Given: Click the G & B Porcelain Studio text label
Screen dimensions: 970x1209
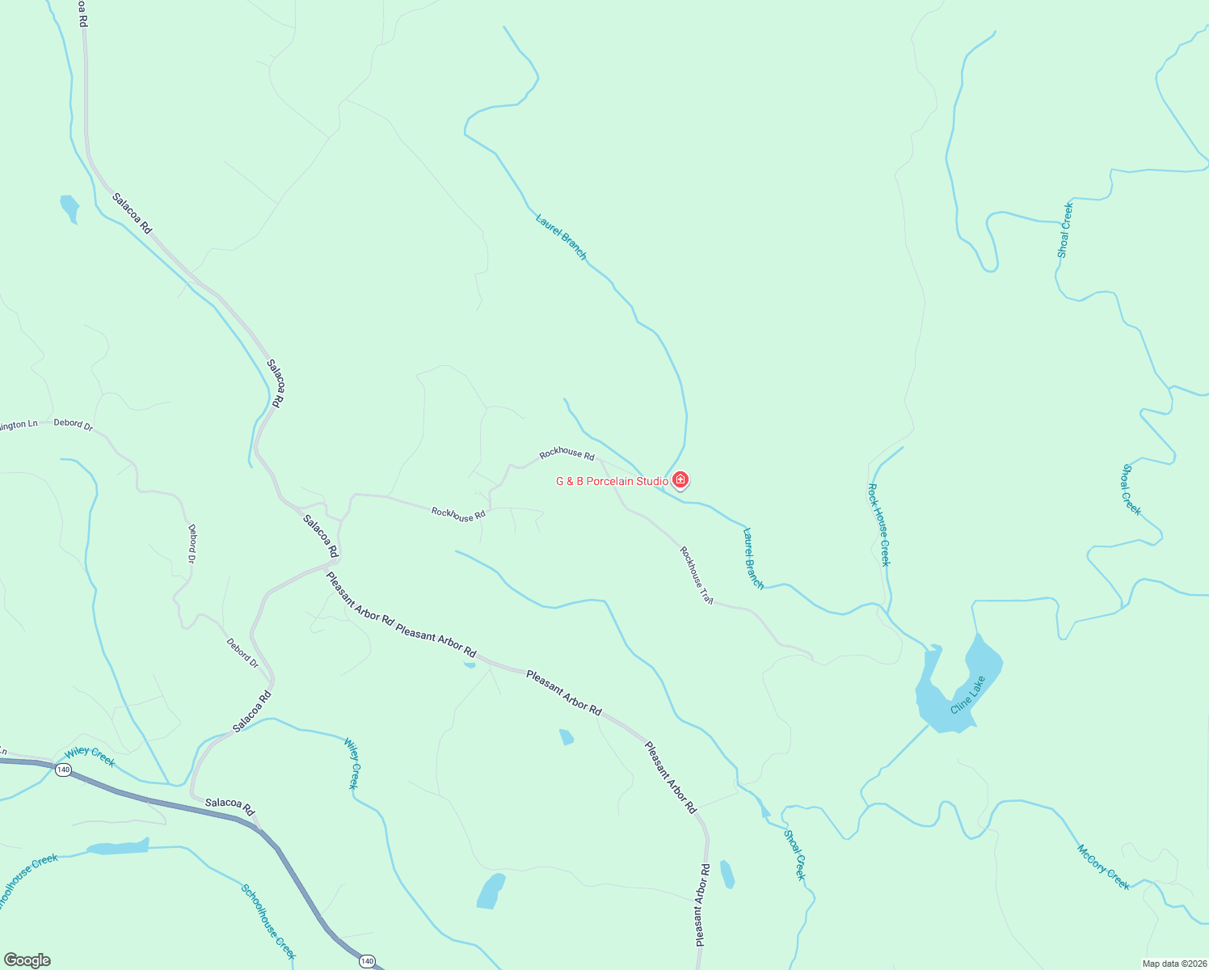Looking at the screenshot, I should (x=612, y=482).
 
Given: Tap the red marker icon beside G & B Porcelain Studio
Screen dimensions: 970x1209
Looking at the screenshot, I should (x=680, y=480).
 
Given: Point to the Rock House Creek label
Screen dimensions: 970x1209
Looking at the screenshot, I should (x=878, y=525).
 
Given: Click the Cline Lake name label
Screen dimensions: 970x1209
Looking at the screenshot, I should (x=967, y=694).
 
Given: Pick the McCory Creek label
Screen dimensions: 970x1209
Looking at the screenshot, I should (x=1103, y=867).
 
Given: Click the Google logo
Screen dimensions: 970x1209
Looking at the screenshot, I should (x=27, y=960).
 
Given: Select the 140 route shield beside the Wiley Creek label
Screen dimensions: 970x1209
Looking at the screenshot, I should (x=63, y=770).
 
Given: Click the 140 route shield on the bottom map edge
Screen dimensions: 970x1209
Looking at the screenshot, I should (x=368, y=961).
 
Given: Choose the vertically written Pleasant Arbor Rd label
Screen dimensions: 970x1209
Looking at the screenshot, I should (x=701, y=905).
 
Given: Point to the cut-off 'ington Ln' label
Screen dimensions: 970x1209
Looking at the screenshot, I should (x=19, y=424).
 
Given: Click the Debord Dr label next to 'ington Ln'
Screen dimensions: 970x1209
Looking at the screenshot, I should (x=73, y=424).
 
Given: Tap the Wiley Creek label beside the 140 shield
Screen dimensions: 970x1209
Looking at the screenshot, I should (x=90, y=757).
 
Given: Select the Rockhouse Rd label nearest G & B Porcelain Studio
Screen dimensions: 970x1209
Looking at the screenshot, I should (x=567, y=454).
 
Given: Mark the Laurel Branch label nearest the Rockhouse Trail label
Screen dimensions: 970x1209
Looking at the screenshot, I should (x=752, y=559).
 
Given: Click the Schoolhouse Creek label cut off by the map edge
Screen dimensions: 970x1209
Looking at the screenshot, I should (x=29, y=881).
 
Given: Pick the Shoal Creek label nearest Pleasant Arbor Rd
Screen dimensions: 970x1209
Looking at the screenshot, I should (x=794, y=855).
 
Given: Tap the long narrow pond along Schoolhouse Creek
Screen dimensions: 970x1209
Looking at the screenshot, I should (x=118, y=847).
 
